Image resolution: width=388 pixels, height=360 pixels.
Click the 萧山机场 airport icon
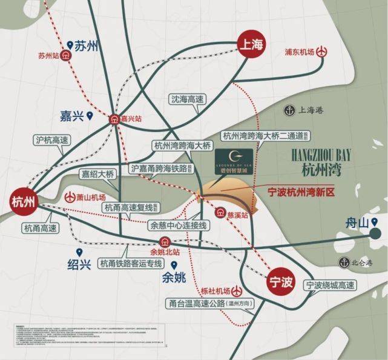[70, 198]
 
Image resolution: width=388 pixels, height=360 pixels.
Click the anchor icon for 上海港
[289, 110]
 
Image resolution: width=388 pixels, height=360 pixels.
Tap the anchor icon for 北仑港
[344, 262]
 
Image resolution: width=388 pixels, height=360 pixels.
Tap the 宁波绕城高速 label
[329, 285]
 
